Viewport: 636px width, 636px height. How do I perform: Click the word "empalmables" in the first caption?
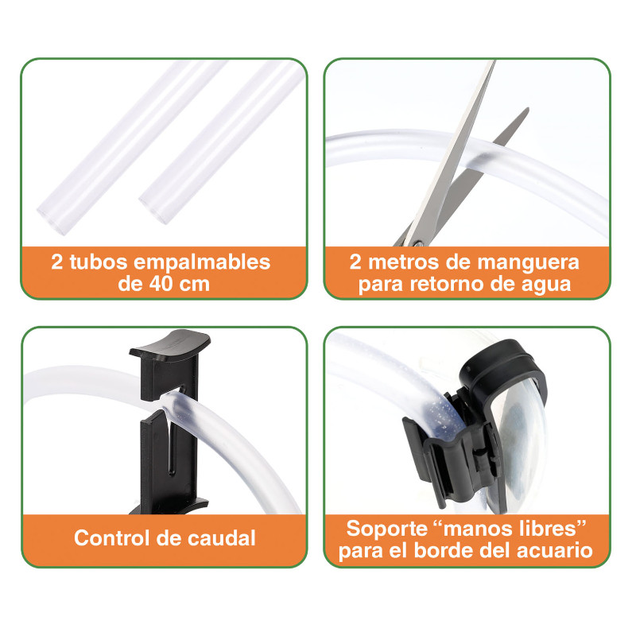click(202, 262)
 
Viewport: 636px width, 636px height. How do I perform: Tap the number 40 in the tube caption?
click(161, 284)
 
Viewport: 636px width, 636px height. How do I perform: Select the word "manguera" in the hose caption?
click(528, 262)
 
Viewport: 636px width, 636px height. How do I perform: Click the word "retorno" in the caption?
click(447, 284)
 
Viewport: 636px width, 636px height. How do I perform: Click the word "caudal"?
click(222, 538)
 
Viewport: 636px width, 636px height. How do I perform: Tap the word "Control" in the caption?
click(112, 538)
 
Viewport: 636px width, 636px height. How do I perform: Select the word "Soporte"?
click(386, 529)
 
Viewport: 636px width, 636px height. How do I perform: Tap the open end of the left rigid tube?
click(52, 219)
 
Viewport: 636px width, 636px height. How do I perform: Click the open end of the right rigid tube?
click(153, 209)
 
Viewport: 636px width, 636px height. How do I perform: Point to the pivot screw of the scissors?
click(418, 243)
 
